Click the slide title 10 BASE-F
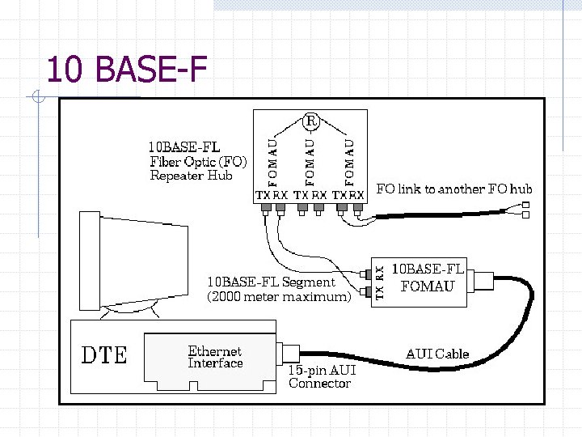click(126, 70)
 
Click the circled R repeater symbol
click(311, 121)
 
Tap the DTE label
click(105, 355)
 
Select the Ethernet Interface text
click(215, 357)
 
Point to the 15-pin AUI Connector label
click(321, 376)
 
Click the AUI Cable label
click(437, 354)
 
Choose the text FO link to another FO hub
click(454, 189)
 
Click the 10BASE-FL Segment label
click(271, 282)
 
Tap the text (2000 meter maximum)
click(279, 297)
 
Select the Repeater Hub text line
click(191, 176)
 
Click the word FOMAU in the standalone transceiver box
click(428, 286)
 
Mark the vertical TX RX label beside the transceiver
click(380, 283)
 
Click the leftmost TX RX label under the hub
click(272, 195)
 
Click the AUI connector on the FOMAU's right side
click(483, 281)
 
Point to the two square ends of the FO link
click(525, 210)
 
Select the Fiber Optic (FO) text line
click(198, 162)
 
